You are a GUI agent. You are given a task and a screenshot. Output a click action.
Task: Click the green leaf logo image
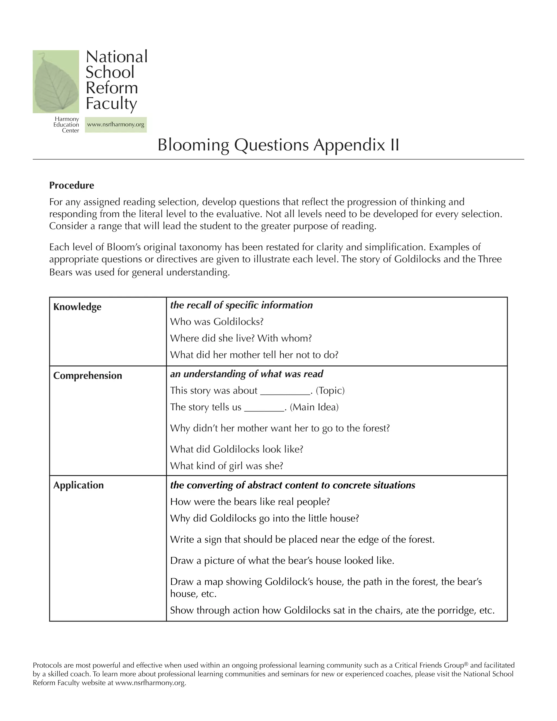click(56, 82)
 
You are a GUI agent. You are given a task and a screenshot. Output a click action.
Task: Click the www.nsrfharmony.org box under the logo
click(116, 125)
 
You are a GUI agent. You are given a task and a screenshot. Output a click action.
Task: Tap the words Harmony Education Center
click(66, 125)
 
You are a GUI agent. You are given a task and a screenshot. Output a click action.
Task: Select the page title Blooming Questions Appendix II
click(278, 145)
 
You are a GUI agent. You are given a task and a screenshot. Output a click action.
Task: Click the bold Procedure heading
click(72, 185)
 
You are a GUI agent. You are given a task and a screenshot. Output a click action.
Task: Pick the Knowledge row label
click(77, 307)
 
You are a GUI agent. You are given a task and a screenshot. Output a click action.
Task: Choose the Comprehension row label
click(88, 375)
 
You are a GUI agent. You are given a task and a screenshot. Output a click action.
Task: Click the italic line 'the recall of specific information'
click(241, 305)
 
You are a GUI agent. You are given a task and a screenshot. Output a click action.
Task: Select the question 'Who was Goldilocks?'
click(217, 322)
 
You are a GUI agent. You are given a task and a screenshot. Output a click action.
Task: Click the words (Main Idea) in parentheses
click(314, 407)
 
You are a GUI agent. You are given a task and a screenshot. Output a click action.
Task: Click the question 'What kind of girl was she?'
click(227, 466)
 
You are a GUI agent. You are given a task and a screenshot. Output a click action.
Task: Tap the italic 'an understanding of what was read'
click(246, 374)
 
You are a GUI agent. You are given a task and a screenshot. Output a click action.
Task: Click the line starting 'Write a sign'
click(302, 540)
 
